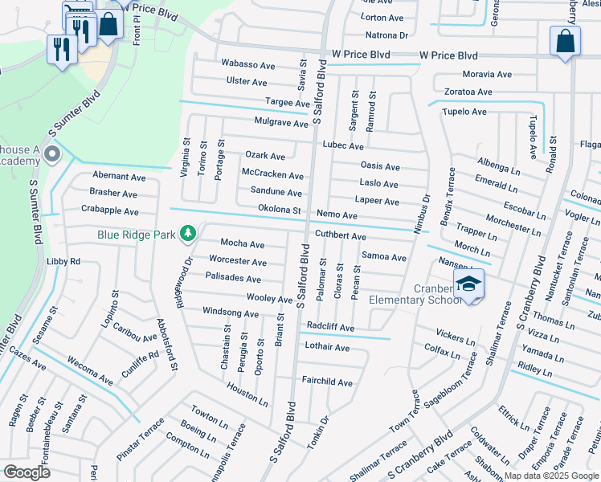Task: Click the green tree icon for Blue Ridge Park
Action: [188, 234]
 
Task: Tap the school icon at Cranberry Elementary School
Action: [469, 284]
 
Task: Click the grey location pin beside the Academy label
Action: [53, 153]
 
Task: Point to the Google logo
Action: [27, 472]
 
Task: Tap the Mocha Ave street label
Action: [243, 244]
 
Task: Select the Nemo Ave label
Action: [337, 215]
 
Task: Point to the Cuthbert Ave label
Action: [340, 237]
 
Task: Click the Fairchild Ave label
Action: [327, 382]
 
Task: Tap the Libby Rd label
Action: [63, 262]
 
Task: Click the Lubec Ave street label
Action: [343, 147]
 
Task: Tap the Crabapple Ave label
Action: [110, 211]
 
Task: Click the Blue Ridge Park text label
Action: [137, 235]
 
